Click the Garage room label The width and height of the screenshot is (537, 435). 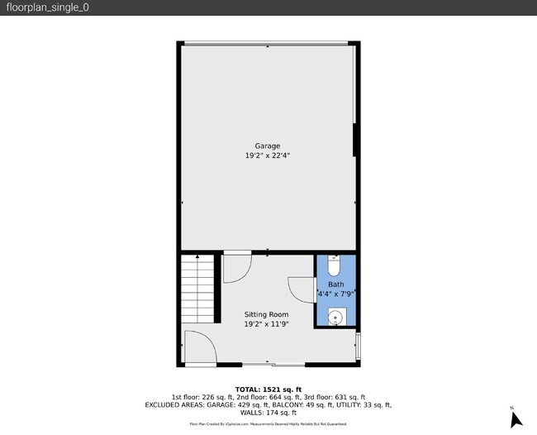coord(267,146)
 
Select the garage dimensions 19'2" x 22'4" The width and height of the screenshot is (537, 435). coord(267,155)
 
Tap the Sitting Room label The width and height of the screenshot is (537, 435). coord(266,314)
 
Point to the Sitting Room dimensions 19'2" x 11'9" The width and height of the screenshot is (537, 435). coord(266,324)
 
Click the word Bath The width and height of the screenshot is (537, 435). coord(335,284)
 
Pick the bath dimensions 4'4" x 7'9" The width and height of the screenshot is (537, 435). coord(335,294)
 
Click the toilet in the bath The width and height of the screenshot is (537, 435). coord(333,266)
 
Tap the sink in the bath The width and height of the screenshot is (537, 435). coord(336,316)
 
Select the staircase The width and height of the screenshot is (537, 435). coord(198,289)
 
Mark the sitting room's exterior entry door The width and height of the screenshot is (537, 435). coord(199,347)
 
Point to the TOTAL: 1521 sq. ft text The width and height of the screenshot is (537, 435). coord(268,390)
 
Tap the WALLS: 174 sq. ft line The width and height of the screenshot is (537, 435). coord(268,413)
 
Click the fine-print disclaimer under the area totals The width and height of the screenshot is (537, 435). coord(268,423)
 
